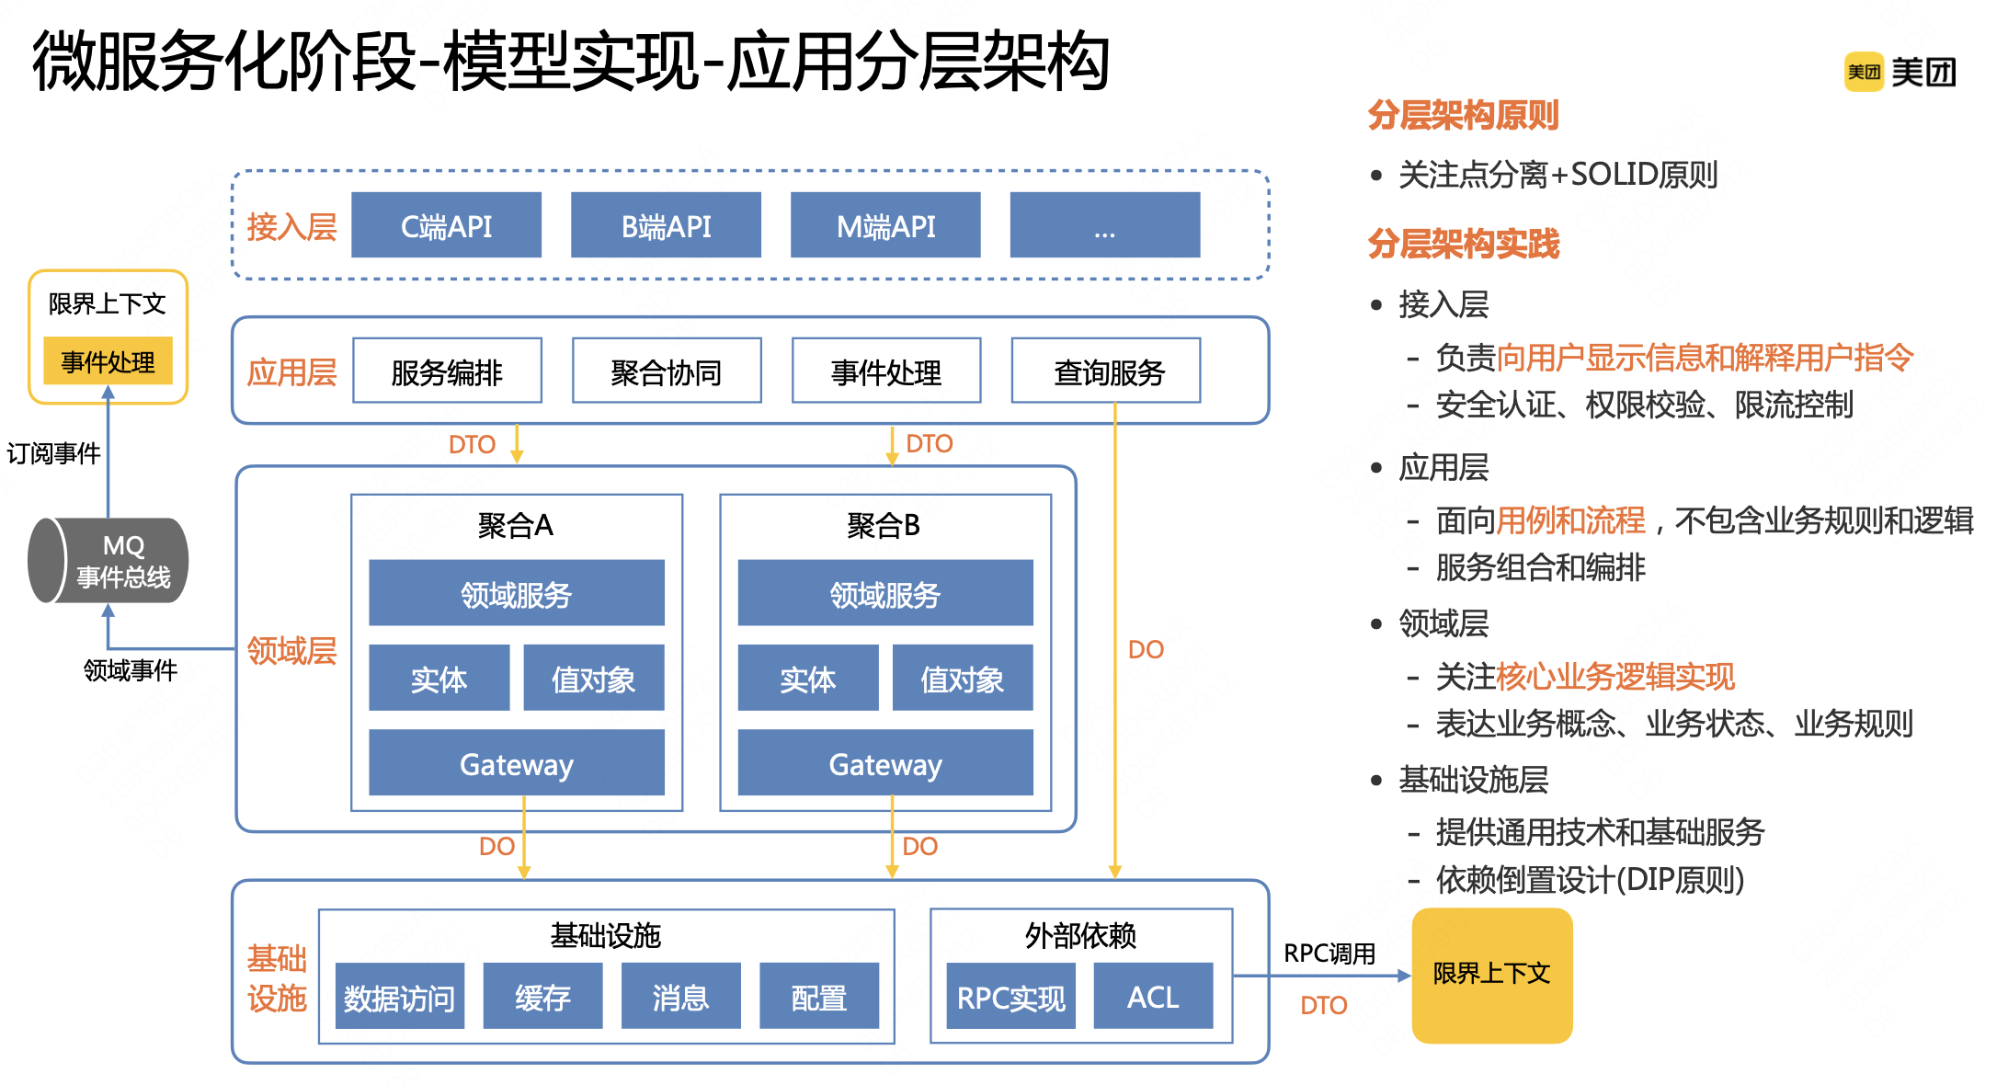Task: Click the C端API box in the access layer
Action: [446, 225]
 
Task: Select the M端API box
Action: [885, 225]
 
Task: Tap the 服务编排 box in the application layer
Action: [447, 371]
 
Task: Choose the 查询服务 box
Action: [1106, 371]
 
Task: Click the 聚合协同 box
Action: [667, 371]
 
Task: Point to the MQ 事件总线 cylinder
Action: [108, 561]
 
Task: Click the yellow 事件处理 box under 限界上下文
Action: [108, 361]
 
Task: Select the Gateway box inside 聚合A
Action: [517, 763]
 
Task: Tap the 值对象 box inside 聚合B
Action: [963, 679]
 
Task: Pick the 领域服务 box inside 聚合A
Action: [517, 593]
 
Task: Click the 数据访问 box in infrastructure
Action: [400, 997]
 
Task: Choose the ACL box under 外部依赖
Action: [1153, 997]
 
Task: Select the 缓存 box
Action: [542, 997]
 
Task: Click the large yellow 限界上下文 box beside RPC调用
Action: [1492, 976]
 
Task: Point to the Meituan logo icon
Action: [1864, 72]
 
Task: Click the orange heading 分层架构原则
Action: [1463, 115]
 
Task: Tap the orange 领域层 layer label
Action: [291, 650]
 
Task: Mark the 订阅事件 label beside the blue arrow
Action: [53, 453]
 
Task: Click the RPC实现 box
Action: [1011, 997]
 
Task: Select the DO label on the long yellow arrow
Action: [1146, 649]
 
